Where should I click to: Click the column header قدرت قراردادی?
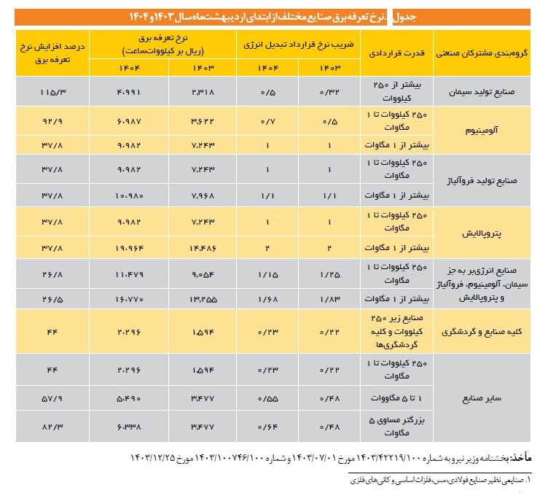398,53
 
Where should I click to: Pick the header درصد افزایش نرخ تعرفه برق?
50,52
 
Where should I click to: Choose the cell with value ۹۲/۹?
50,119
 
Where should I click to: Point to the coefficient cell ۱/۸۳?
329,300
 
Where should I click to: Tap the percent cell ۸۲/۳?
50,426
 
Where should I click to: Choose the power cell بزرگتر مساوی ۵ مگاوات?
398,426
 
